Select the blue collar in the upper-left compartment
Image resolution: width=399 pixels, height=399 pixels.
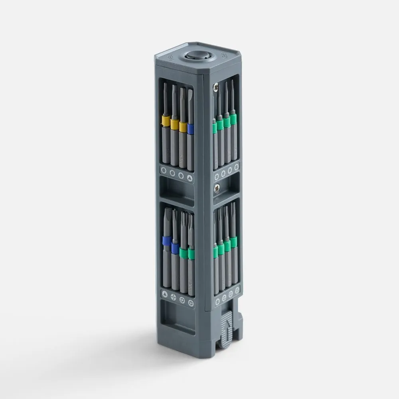[191, 128]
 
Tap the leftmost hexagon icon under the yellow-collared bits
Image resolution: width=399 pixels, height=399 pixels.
[163, 170]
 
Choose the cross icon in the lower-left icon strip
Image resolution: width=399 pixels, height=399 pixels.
[173, 297]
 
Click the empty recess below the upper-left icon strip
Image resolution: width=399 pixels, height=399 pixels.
[176, 191]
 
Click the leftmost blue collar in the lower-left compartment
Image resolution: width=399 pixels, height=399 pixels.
[167, 241]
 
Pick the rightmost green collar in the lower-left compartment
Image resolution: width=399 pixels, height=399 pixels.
[191, 254]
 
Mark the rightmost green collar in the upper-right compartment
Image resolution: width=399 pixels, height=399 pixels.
[233, 119]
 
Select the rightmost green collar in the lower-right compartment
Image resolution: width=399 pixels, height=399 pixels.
[233, 242]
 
